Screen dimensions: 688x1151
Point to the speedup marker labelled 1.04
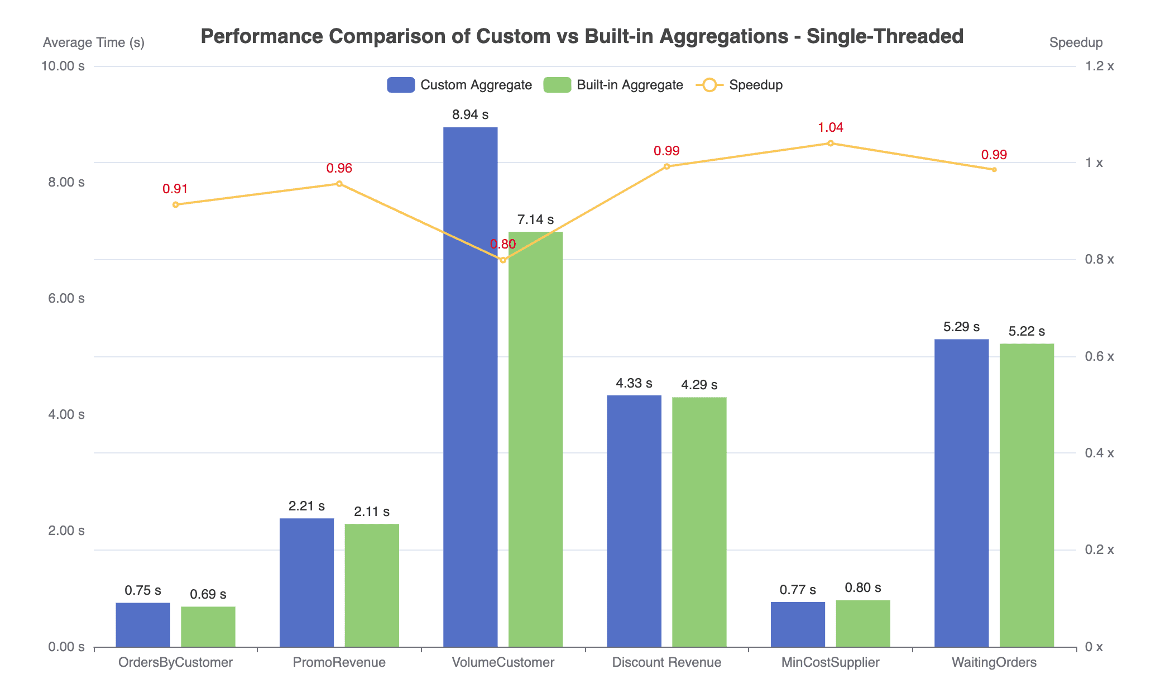(x=830, y=144)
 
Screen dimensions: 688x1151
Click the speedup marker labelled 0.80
(x=503, y=260)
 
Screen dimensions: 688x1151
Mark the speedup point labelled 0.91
(x=175, y=205)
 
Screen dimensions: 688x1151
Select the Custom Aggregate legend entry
(x=459, y=85)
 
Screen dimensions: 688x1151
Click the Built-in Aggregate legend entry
(x=613, y=85)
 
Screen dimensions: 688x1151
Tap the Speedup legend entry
(x=739, y=85)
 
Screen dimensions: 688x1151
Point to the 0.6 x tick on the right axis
(x=1099, y=356)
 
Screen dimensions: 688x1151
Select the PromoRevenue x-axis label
(x=339, y=663)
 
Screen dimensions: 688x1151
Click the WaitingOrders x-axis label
(x=994, y=663)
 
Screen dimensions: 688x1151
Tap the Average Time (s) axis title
(x=94, y=42)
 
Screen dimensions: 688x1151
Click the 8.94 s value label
(x=470, y=115)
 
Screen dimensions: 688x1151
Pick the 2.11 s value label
(x=372, y=512)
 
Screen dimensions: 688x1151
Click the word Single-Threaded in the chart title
(x=885, y=36)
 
